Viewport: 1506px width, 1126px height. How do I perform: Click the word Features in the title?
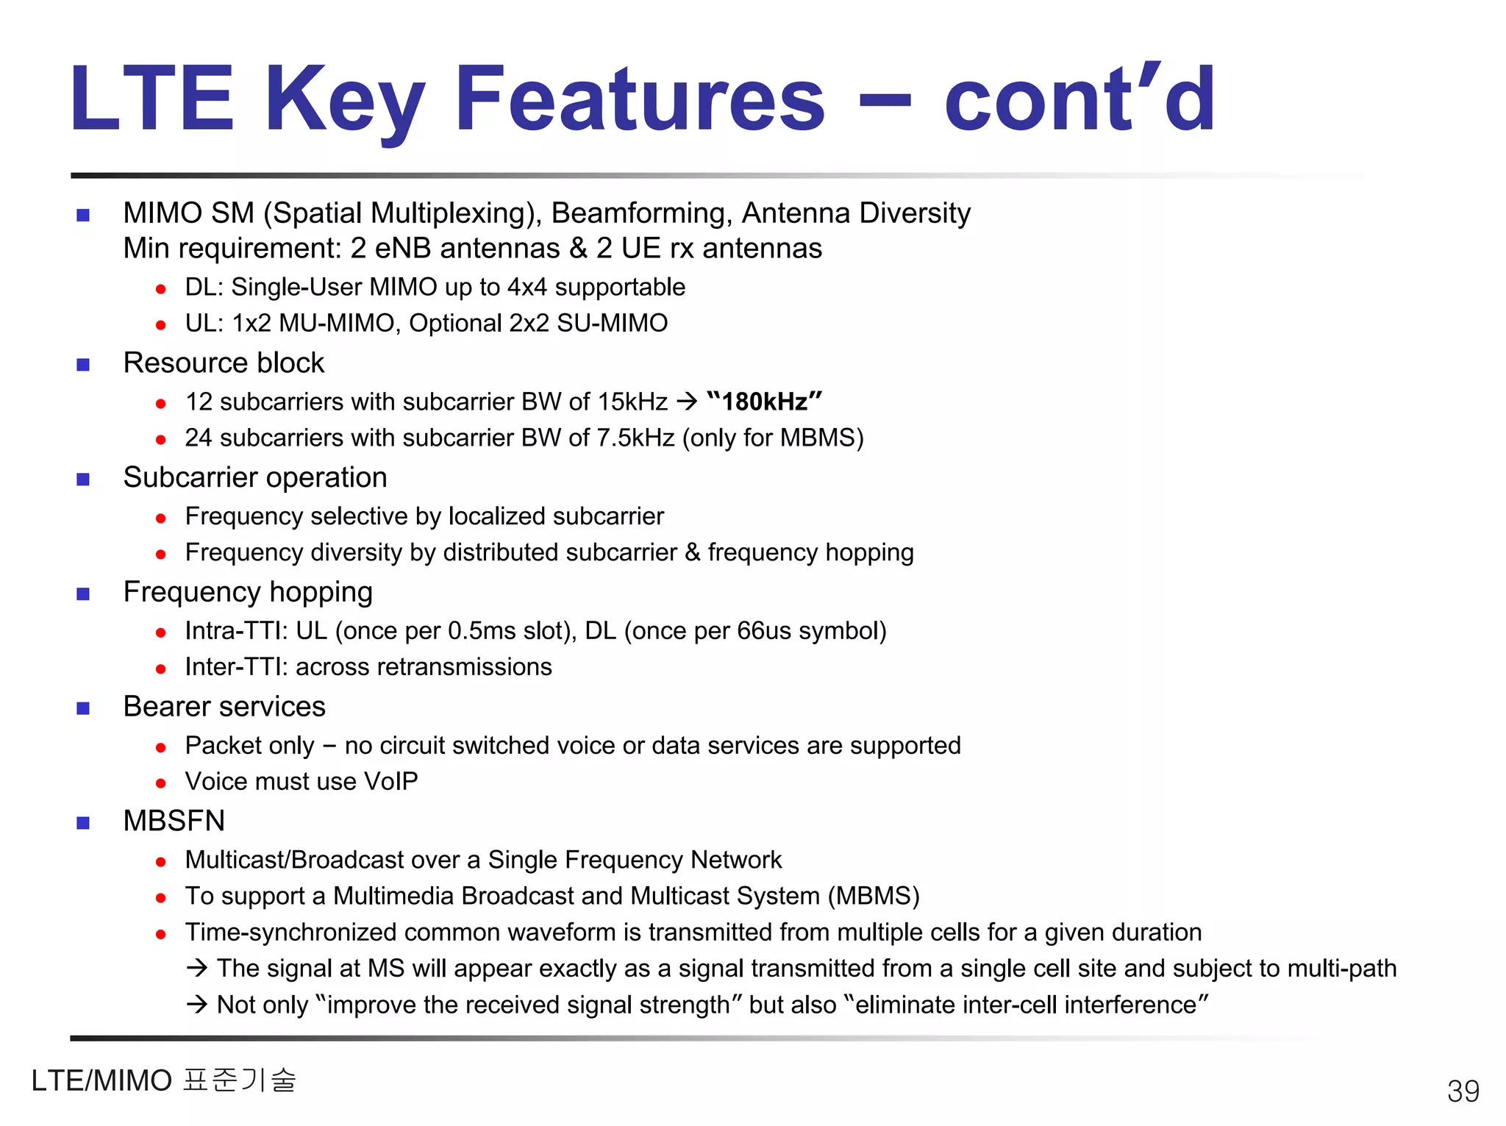point(640,99)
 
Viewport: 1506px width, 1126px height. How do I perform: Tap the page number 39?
point(1463,1091)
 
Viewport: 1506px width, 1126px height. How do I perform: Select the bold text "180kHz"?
point(764,402)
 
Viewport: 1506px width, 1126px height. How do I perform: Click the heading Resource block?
point(224,363)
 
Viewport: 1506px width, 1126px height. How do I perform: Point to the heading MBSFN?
point(174,821)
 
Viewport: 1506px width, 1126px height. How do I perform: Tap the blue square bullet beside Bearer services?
point(83,708)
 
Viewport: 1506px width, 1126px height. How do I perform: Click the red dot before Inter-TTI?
point(161,669)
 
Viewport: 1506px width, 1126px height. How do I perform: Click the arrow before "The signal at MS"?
point(197,968)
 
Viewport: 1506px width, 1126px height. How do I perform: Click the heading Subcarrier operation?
point(254,477)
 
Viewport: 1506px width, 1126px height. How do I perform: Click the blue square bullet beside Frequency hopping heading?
point(83,594)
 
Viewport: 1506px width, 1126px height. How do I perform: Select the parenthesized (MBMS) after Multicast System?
point(874,896)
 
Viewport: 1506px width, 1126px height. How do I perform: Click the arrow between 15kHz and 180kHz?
point(686,402)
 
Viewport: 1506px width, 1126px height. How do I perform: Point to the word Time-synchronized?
point(290,932)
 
